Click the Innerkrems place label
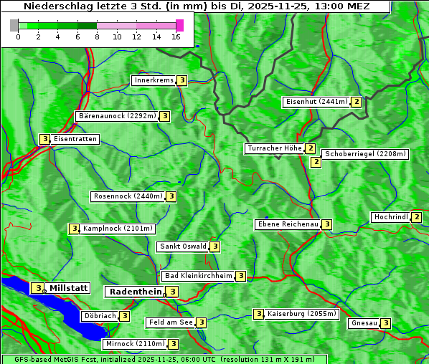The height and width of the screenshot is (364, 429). pos(154,80)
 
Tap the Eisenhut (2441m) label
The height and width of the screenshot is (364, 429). pos(316,102)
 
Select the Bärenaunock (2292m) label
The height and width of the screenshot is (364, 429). pos(116,115)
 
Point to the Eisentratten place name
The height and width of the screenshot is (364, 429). pos(75,139)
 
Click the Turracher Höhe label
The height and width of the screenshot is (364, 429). pos(274,148)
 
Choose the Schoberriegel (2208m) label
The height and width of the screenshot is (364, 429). pos(365,154)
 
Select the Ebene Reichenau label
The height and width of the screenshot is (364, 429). pos(288,224)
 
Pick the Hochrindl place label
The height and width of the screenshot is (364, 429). pos(391,217)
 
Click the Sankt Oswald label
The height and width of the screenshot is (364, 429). pos(183,246)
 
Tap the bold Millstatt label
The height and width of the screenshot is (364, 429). pos(68,288)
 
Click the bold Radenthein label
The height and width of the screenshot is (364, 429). pos(136,292)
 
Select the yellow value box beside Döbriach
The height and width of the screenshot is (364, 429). pos(125,316)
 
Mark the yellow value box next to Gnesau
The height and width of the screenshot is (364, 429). pos(386,323)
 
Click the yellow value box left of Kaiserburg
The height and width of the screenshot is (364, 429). pos(258,314)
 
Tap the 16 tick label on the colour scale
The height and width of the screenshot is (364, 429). pos(176,37)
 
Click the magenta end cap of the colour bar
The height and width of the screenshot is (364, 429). pos(179,25)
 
